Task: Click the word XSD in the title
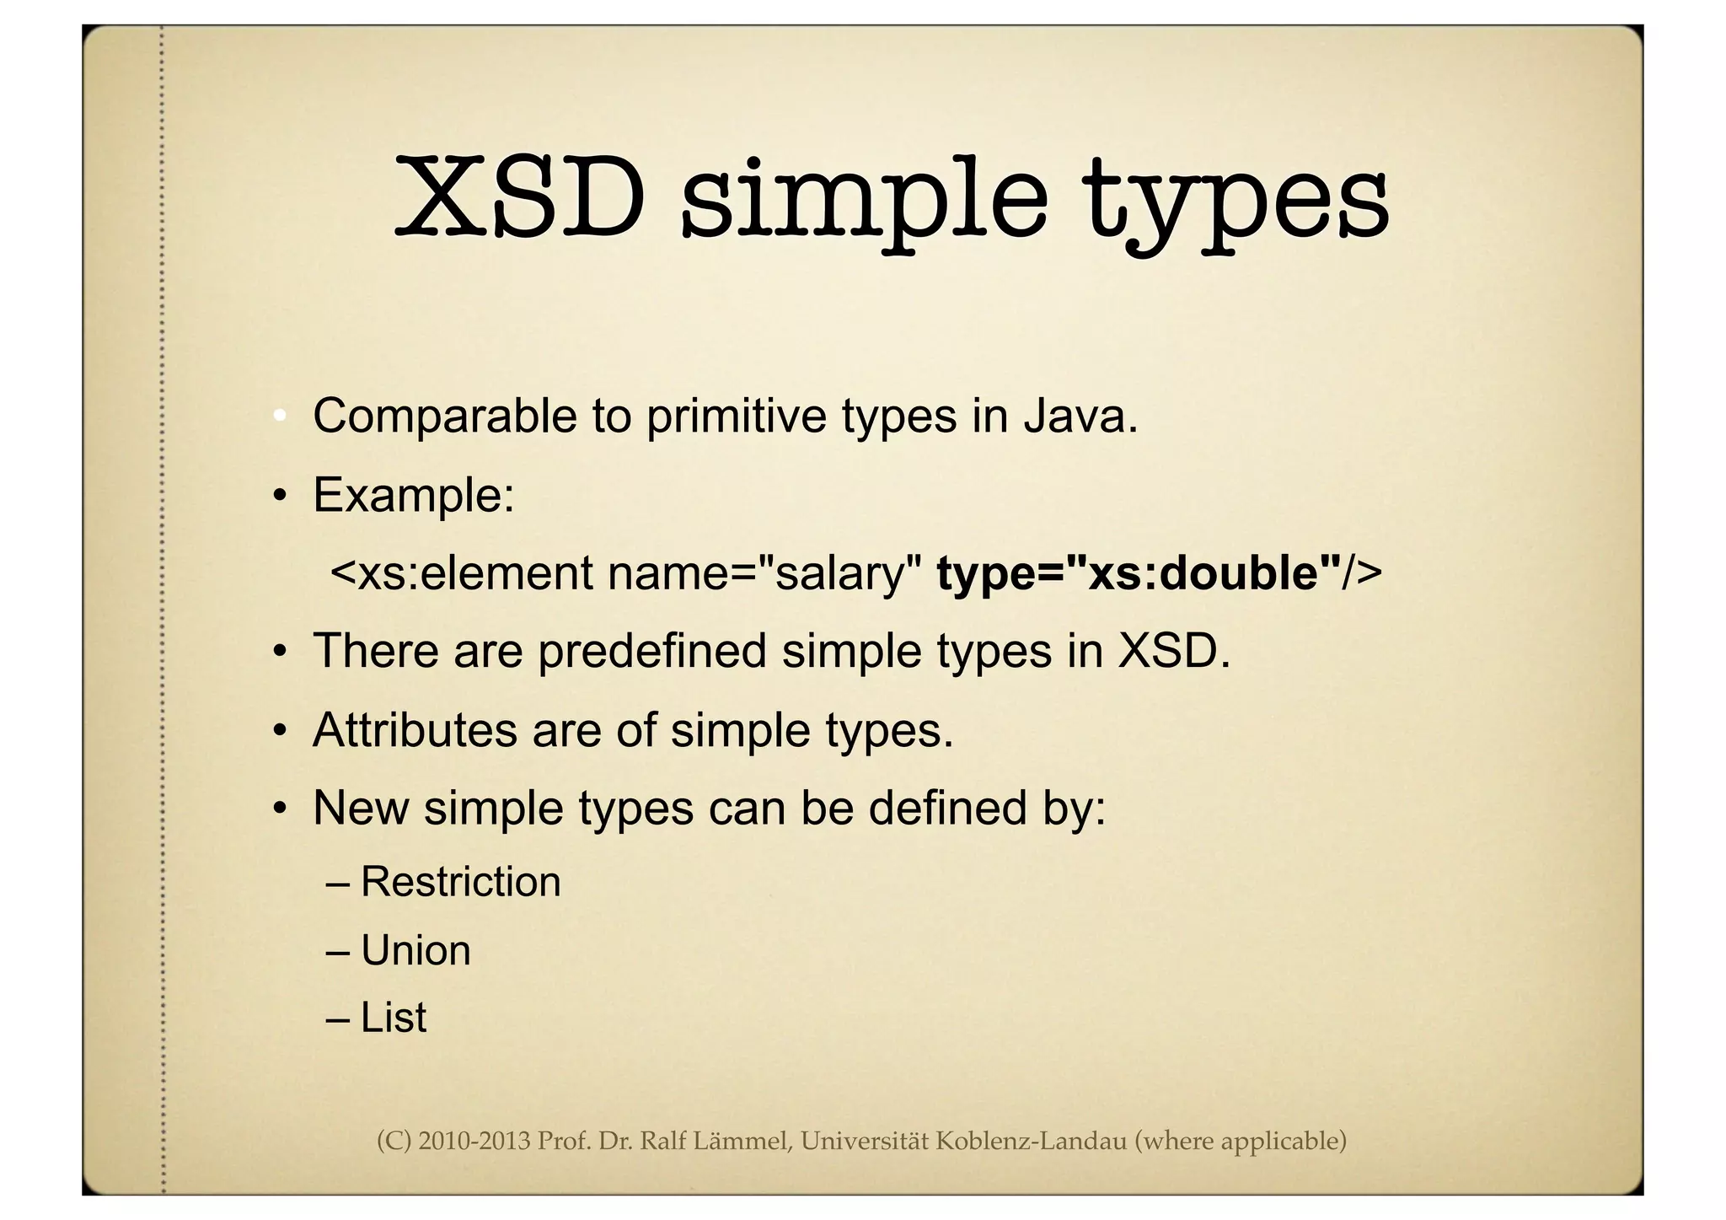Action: pyautogui.click(x=520, y=198)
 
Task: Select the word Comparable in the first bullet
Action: pyautogui.click(x=444, y=416)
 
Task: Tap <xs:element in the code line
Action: pyautogui.click(x=462, y=573)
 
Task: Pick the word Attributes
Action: pyautogui.click(x=415, y=729)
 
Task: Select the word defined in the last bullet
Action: pyautogui.click(x=947, y=808)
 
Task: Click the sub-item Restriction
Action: pyautogui.click(x=460, y=882)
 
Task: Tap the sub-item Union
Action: pyautogui.click(x=415, y=951)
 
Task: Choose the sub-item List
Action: pyautogui.click(x=393, y=1018)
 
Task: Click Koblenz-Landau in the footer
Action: pyautogui.click(x=1032, y=1142)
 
